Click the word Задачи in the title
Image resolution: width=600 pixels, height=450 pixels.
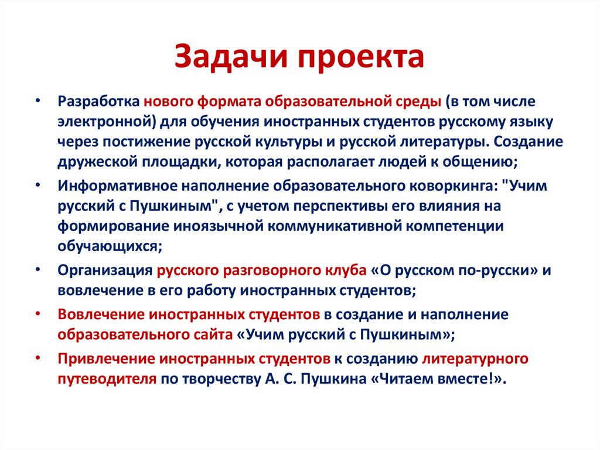[229, 58]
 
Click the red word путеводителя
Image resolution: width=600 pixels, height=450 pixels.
[107, 378]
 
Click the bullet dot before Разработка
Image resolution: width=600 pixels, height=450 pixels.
[37, 101]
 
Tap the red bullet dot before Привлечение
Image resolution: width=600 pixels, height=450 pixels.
[37, 358]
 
